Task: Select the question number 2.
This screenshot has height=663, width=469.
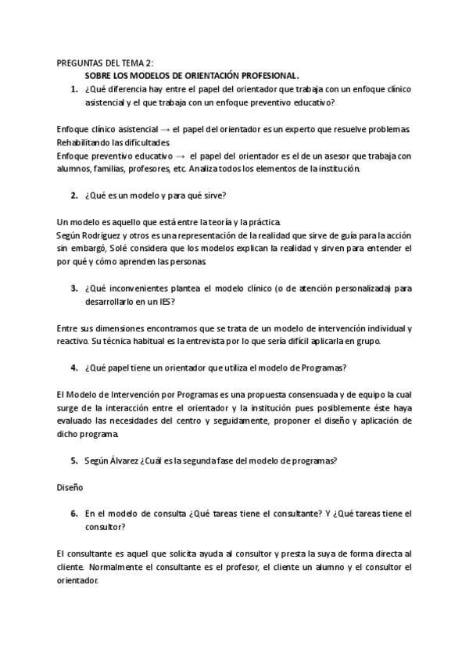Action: pos(73,195)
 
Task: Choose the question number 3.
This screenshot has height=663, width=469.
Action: pos(73,287)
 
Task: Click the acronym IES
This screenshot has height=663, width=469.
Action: pos(163,300)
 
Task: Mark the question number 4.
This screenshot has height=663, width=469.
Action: pos(73,367)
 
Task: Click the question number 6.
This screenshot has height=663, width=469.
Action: pos(73,513)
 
